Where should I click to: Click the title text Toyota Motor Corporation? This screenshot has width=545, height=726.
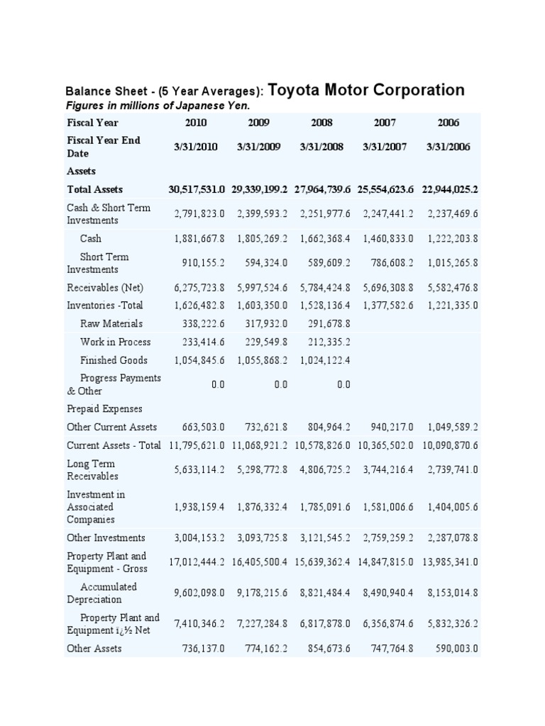tap(367, 90)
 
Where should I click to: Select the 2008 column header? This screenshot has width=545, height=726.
tap(321, 123)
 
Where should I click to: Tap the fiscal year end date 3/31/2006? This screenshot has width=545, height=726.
tap(448, 147)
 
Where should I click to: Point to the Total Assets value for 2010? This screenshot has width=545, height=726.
tap(197, 189)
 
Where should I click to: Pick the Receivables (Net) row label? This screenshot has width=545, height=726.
tap(104, 288)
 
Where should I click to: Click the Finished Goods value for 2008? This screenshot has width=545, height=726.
tap(321, 360)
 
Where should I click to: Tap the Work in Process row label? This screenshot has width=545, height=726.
tap(115, 342)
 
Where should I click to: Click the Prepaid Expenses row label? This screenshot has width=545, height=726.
tap(104, 409)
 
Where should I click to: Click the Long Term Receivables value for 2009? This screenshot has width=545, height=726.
tap(259, 470)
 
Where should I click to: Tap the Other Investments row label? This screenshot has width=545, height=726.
tap(106, 538)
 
